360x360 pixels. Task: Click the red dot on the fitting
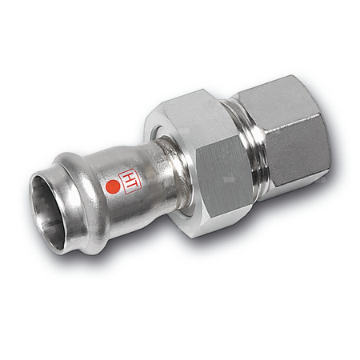[x=113, y=189]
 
